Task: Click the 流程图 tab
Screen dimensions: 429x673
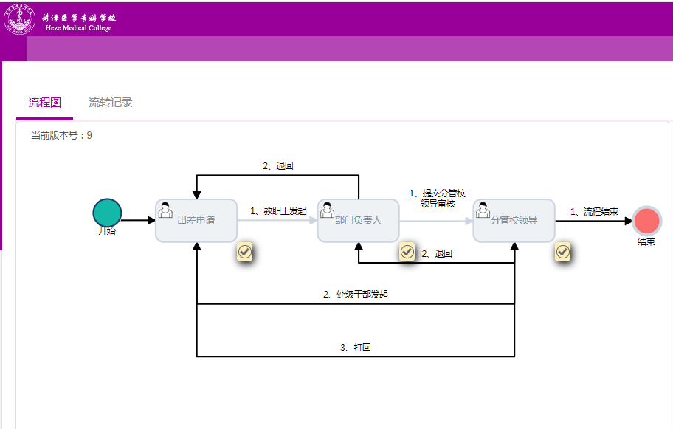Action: coord(44,103)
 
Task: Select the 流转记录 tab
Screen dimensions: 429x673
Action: coord(110,103)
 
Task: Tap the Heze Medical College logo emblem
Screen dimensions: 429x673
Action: coord(19,20)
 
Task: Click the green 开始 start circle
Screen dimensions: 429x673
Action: coord(107,212)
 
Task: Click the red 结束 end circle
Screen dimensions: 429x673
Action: coord(646,221)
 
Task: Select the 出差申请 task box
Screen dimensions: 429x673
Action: coord(196,220)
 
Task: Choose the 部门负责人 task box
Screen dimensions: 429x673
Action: coord(358,220)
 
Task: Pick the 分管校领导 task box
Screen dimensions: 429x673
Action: coord(514,220)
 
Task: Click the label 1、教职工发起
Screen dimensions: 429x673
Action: coord(278,211)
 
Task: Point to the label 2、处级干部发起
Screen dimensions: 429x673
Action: coord(356,294)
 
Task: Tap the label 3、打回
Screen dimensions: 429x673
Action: coord(356,347)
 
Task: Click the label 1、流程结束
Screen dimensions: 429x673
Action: coord(594,211)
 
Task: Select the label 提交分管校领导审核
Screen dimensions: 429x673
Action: coord(438,199)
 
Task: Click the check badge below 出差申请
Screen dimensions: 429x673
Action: coord(245,252)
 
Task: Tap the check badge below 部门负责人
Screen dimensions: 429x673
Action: coord(407,252)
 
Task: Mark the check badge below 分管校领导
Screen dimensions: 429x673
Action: coord(562,252)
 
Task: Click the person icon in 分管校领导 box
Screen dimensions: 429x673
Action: coord(483,210)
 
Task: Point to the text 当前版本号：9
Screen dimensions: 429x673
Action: coord(61,135)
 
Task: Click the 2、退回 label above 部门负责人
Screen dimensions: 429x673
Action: coord(278,166)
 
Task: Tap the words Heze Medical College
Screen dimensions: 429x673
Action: coord(79,28)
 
